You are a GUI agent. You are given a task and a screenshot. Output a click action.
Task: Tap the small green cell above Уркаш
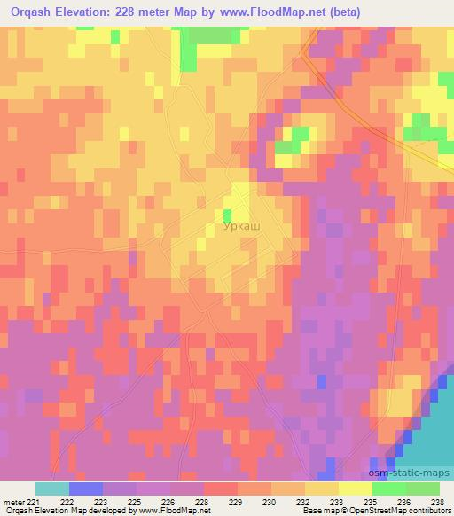[x=227, y=215]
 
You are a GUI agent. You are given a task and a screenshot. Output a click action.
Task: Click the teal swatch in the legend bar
[x=52, y=489]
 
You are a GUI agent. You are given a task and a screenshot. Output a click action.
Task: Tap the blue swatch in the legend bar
[x=86, y=489]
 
